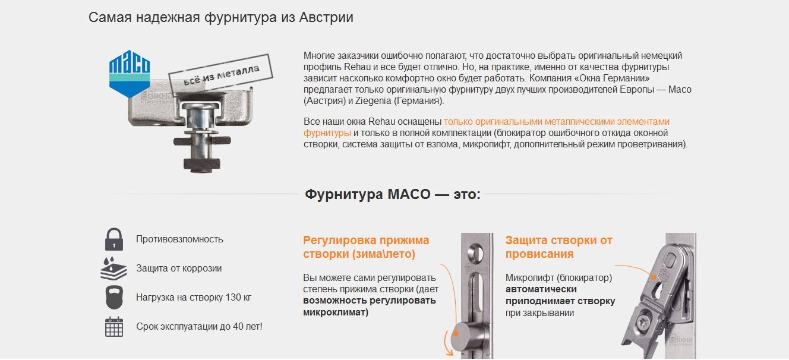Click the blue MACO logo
coord(130,74)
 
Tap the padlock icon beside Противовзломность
coord(113,239)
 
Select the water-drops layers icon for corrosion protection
coord(113,269)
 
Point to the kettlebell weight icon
coord(114,297)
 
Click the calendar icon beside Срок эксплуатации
coord(114,327)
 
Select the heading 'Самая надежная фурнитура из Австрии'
coord(221,17)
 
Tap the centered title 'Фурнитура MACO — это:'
coord(392,194)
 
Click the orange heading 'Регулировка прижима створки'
coord(366,247)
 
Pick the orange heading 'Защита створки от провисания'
coord(558,247)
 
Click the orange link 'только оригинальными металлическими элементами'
coord(557,122)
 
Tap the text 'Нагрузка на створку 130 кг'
coord(194,298)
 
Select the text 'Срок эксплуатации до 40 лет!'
coord(200,327)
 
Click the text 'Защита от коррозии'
coord(179,269)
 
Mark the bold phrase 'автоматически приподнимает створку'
coord(560,295)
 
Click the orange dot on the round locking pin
coord(456,334)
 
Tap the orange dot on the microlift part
coord(654,277)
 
